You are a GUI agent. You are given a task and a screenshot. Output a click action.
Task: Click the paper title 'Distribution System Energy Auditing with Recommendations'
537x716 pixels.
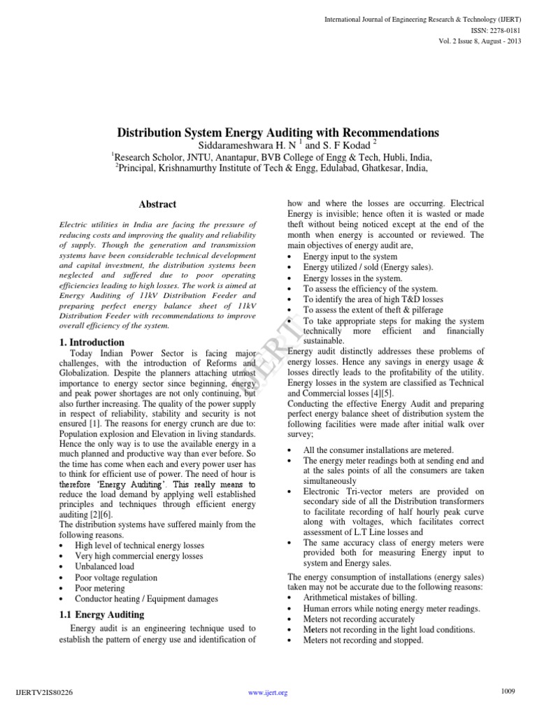(x=278, y=132)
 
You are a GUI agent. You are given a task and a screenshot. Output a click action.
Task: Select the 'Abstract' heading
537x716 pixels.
(x=157, y=204)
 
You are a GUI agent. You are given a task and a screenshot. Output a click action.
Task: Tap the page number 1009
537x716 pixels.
(x=508, y=692)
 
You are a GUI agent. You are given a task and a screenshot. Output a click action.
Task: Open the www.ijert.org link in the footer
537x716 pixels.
(x=268, y=693)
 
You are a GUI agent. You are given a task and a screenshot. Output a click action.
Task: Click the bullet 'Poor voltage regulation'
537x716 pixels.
(x=116, y=578)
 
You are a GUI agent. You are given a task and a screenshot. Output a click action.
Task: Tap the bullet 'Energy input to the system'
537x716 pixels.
(x=350, y=257)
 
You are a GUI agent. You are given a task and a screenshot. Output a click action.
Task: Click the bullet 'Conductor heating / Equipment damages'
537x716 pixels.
(x=147, y=599)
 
